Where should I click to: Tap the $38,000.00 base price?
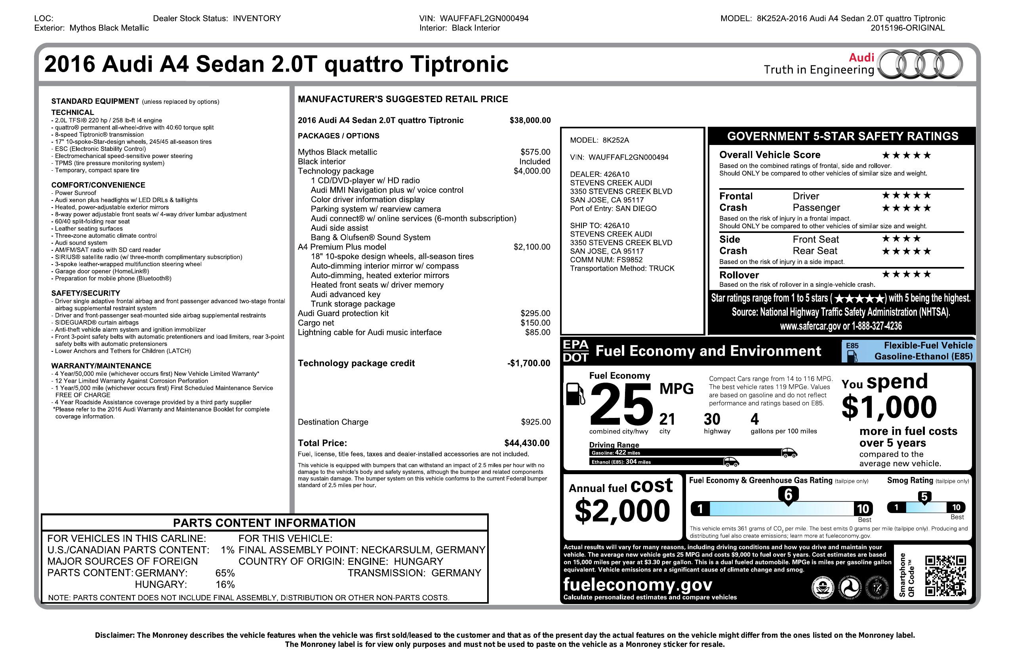(530, 120)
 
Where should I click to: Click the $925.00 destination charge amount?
(535, 422)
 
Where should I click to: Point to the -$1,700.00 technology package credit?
(528, 363)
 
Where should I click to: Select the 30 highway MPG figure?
(712, 419)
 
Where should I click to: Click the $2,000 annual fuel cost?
(622, 511)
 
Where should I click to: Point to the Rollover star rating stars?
(906, 274)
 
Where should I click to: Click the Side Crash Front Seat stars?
(901, 238)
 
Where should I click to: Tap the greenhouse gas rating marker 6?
(788, 495)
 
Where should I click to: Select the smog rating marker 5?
(924, 497)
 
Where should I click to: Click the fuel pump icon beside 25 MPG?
(575, 394)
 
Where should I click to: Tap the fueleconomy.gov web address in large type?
(638, 584)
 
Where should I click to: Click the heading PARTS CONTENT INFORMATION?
(264, 523)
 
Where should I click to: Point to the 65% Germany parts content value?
(225, 573)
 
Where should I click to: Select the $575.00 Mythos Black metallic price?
(535, 152)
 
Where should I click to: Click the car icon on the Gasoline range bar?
(789, 453)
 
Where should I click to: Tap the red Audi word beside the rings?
(861, 57)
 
